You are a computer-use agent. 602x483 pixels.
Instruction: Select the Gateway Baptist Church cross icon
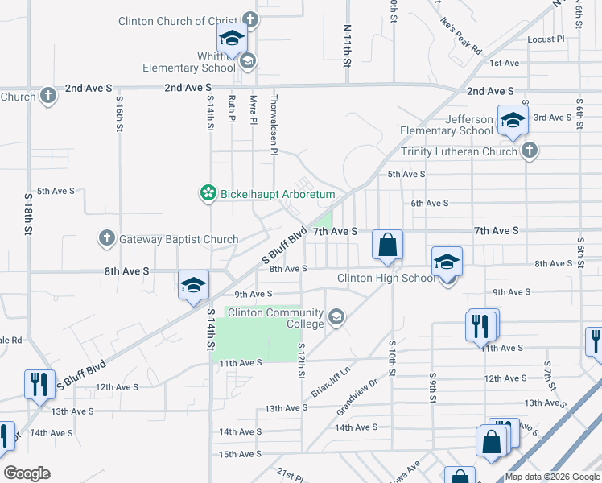[x=106, y=238]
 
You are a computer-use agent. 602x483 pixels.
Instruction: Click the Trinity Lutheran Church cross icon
[x=529, y=151]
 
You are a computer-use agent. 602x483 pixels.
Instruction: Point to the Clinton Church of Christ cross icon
[x=250, y=20]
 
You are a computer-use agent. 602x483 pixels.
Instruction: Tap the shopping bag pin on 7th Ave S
[x=387, y=244]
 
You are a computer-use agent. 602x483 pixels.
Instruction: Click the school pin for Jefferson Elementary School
[x=512, y=121]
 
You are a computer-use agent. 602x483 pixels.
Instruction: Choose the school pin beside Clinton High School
[x=447, y=262]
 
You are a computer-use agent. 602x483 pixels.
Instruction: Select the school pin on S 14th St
[x=193, y=285]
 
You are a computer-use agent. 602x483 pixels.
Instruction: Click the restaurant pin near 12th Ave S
[x=39, y=385]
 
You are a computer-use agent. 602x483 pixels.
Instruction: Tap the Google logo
[x=27, y=473]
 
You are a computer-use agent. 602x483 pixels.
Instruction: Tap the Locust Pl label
[x=545, y=39]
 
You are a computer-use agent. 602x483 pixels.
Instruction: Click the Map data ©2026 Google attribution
[x=551, y=477]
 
